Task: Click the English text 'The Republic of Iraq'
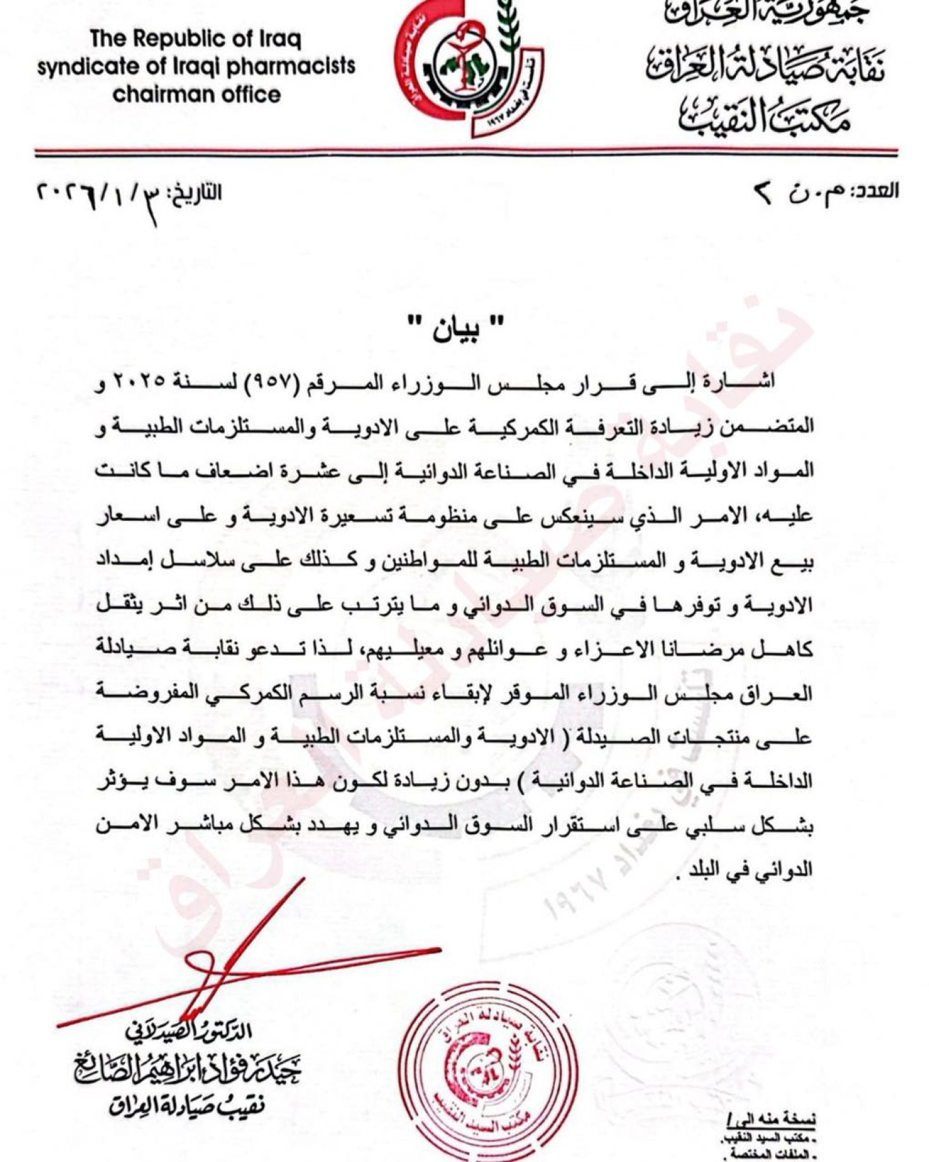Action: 196,38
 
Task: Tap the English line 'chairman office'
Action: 196,94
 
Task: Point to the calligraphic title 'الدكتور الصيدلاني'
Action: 189,1031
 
